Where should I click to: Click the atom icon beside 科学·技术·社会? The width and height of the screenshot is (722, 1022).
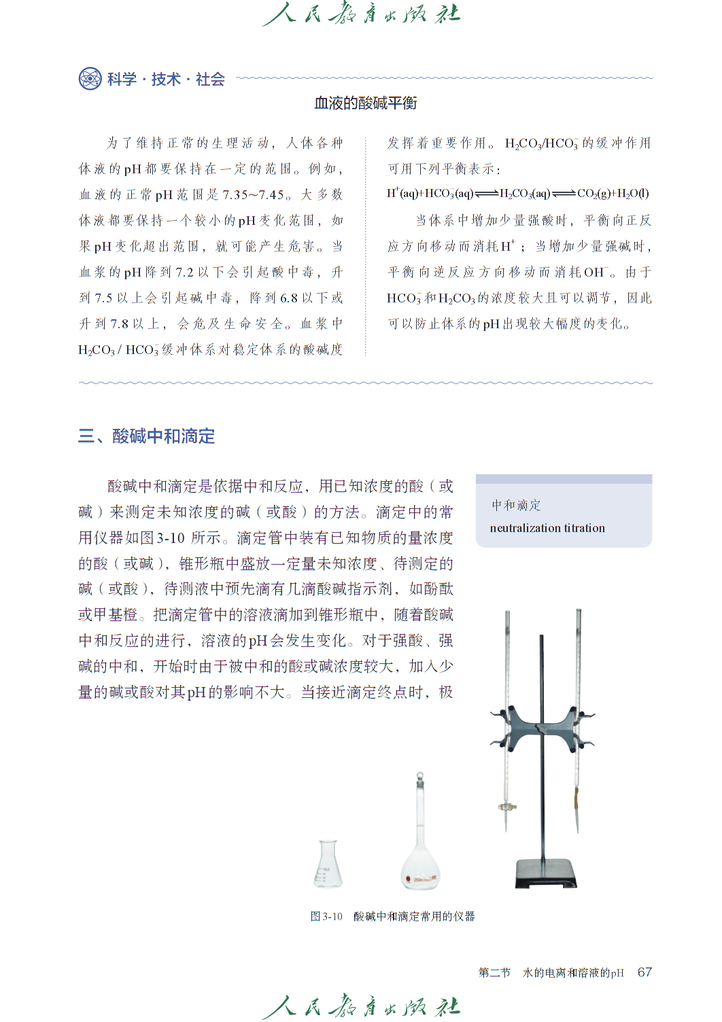click(90, 79)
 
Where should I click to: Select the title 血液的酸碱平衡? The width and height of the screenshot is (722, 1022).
click(365, 103)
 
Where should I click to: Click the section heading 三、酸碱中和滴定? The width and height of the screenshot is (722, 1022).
click(146, 436)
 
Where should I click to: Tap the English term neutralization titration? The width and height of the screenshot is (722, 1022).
click(547, 528)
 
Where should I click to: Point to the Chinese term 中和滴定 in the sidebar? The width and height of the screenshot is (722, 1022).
click(516, 505)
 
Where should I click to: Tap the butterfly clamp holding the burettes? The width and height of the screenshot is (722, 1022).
click(543, 727)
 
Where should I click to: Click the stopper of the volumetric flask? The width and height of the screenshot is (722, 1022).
click(420, 776)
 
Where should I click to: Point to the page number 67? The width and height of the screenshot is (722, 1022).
click(644, 972)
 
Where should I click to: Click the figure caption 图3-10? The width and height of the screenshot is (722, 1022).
click(326, 917)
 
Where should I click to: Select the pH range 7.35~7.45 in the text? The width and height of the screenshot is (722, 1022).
click(253, 195)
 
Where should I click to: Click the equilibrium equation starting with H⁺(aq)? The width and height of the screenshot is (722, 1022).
click(518, 194)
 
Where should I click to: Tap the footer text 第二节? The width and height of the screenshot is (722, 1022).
click(494, 973)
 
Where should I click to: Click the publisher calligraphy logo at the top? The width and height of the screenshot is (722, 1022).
click(361, 14)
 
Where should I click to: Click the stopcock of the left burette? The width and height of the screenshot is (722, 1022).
click(506, 807)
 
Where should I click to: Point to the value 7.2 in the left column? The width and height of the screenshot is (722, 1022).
click(184, 272)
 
